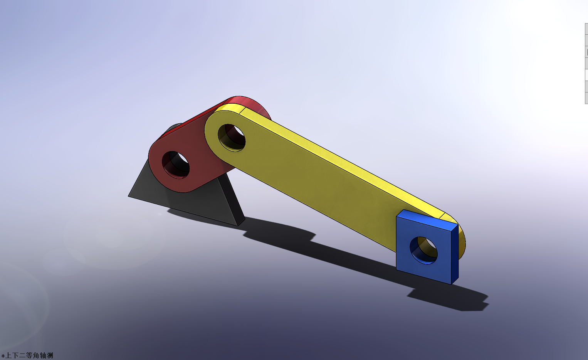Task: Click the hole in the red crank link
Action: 176,165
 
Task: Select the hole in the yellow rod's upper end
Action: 232,138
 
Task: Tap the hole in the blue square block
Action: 423,251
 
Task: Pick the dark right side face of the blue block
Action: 455,254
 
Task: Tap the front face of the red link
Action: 200,170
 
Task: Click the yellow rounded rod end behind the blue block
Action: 462,243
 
